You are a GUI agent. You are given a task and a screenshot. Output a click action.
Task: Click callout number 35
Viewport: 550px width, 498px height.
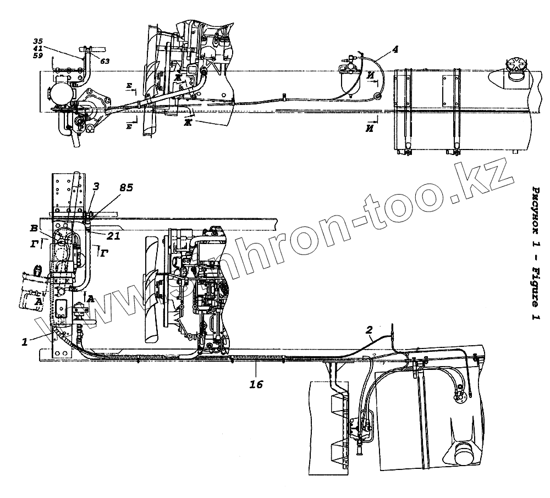click(38, 41)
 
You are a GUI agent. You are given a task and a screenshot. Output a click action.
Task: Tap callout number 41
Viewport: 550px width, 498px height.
click(38, 48)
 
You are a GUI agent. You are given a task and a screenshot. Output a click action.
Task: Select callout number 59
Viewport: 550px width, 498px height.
click(38, 56)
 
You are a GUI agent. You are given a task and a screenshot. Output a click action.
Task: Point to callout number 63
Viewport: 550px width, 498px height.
click(105, 61)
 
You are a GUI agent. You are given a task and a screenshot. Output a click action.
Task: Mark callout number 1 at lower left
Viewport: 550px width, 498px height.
click(24, 342)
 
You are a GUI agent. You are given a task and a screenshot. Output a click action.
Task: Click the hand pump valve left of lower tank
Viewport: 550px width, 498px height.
click(360, 434)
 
